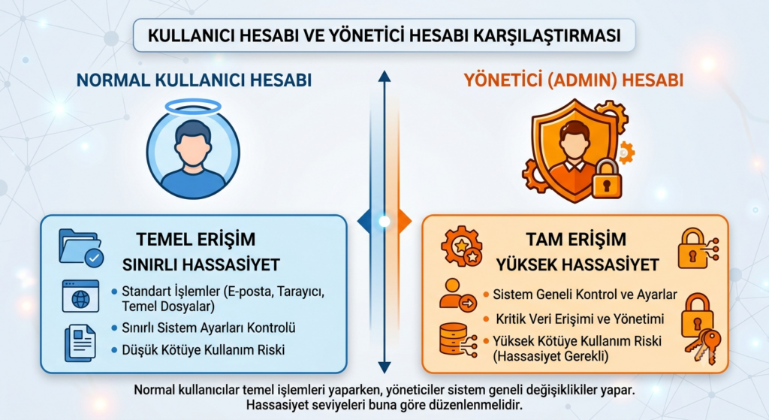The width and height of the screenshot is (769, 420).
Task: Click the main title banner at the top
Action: click(x=384, y=35)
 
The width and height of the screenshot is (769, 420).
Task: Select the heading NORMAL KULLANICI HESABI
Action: click(x=195, y=80)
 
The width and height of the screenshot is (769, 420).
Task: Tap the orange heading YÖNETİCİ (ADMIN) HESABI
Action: click(x=573, y=80)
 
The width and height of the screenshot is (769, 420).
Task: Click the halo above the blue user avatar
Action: click(x=193, y=107)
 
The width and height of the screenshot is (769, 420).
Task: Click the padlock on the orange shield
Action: click(x=606, y=177)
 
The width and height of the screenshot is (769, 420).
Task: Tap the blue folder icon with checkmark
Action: click(x=81, y=248)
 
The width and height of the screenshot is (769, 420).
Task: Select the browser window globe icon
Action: click(x=80, y=296)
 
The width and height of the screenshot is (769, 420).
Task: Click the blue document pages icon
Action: click(x=80, y=343)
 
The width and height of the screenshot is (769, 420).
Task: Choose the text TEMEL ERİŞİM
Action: click(x=196, y=240)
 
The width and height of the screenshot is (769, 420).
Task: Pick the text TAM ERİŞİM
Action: click(x=576, y=240)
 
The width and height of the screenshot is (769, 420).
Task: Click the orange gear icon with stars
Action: click(x=462, y=246)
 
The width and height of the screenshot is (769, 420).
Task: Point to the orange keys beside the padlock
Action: click(x=703, y=346)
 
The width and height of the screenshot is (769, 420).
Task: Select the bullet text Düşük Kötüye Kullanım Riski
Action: click(x=204, y=350)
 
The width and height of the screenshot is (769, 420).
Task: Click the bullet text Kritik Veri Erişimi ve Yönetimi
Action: click(x=580, y=319)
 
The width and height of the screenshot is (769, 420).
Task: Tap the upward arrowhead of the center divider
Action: click(x=384, y=76)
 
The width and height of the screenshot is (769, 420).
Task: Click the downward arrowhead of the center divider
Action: click(x=384, y=367)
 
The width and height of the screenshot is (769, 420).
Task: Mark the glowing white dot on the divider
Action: click(x=384, y=222)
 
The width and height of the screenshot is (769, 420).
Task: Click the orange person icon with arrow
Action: click(x=458, y=295)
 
